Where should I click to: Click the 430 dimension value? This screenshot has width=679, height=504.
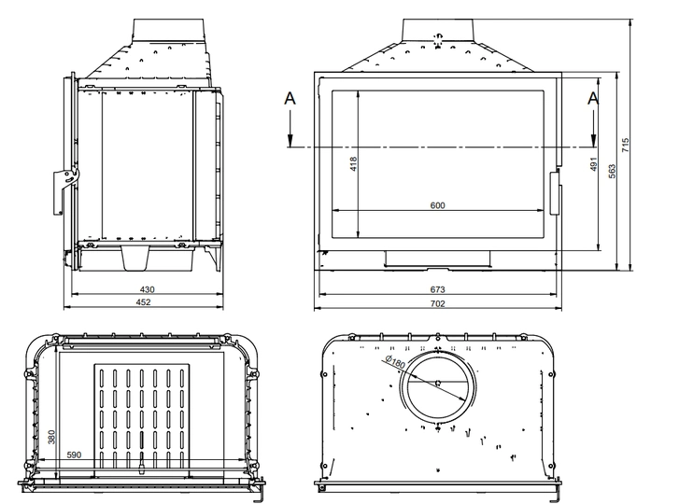pos(148,289)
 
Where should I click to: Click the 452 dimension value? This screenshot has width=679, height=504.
pos(143,302)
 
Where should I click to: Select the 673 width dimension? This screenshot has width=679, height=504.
pos(437,289)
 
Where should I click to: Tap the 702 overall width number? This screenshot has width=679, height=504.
pos(438,303)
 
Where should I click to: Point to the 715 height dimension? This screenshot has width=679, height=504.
pos(626,145)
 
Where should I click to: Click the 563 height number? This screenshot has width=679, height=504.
pos(612,172)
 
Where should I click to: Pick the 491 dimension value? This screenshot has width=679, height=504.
pos(594,164)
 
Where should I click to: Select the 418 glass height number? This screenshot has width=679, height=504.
pos(353,164)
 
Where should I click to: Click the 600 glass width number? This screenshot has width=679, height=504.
pos(437,205)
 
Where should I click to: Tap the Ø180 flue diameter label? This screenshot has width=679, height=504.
pos(394,362)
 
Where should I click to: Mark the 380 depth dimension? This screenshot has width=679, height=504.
pos(51,437)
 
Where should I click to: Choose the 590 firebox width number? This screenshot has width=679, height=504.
pos(74,455)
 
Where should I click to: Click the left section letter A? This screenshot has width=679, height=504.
pos(290,98)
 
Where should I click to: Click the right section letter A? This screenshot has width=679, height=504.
pos(593,98)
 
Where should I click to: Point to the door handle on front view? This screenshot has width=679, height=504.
pos(555,193)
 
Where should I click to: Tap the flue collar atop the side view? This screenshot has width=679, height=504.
pos(168,31)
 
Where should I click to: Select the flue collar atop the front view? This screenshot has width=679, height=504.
pos(438,31)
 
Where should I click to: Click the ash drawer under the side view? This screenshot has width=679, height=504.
pos(136,259)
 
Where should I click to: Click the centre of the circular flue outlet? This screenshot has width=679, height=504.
pos(438,383)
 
